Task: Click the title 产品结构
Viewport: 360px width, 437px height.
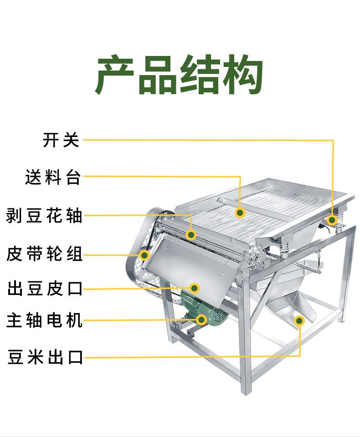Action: tap(179, 75)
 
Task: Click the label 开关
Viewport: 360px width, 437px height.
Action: tap(61, 140)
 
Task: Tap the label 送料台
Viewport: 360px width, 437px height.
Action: tap(53, 177)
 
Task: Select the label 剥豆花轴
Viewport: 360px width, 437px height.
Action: tap(44, 215)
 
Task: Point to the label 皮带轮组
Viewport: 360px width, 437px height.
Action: tap(44, 254)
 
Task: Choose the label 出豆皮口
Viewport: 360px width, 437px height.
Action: tap(45, 288)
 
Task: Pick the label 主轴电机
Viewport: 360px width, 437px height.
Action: tap(44, 320)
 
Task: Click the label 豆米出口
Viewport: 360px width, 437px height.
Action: tap(45, 357)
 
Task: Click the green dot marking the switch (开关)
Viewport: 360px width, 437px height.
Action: tap(332, 220)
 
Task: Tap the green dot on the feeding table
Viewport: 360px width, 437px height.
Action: tap(240, 213)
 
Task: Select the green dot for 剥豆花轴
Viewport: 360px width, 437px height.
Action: tap(191, 235)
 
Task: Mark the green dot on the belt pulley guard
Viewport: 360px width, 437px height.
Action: tap(144, 255)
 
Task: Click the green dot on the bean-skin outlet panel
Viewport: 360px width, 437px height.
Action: tap(195, 288)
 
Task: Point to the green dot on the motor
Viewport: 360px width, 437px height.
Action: tap(201, 320)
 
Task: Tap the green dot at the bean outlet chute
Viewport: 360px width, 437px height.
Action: tap(299, 320)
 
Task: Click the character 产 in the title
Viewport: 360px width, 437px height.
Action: tap(115, 75)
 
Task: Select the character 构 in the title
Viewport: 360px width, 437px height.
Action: tap(242, 75)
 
